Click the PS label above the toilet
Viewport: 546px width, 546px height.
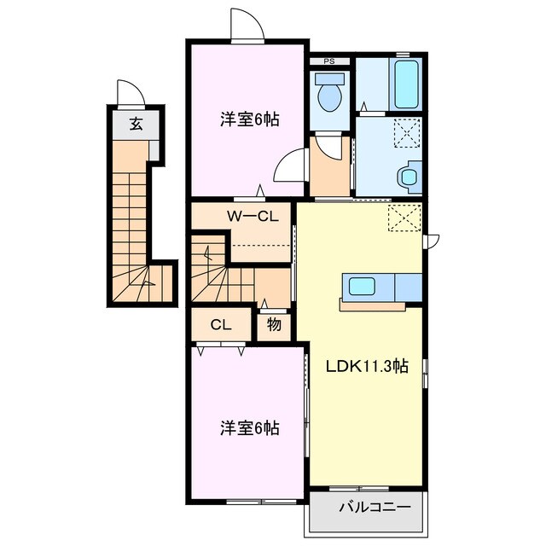click(328, 62)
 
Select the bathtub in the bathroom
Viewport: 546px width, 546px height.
click(406, 83)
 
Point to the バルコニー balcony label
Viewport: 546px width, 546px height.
click(375, 507)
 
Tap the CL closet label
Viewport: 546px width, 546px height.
click(221, 324)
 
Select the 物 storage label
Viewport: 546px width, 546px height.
click(275, 324)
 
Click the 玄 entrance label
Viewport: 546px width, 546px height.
click(136, 123)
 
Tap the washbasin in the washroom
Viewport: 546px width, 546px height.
click(409, 177)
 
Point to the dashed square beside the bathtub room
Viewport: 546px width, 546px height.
click(406, 132)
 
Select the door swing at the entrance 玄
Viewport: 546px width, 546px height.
click(127, 91)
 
